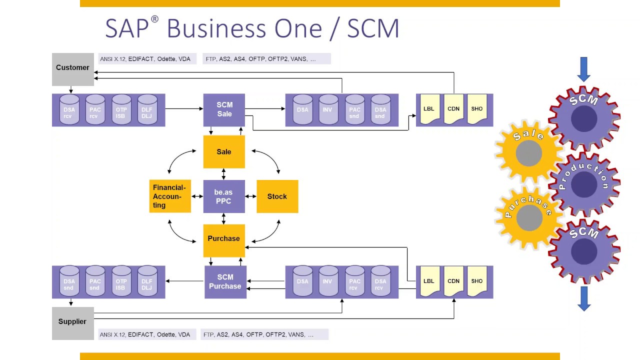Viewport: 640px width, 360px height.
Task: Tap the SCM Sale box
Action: (224, 109)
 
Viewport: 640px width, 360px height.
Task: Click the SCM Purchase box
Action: (225, 282)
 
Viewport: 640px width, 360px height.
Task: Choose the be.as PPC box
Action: (223, 196)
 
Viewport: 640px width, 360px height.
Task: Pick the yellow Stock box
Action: (277, 196)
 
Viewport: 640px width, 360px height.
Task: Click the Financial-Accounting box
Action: (170, 196)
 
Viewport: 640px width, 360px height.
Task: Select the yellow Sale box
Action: (224, 152)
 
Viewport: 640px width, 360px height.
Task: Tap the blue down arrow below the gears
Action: (584, 298)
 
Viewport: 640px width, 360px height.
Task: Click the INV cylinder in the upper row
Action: (327, 109)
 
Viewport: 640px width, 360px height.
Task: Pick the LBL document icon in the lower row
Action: (429, 282)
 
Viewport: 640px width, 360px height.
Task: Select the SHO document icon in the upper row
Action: (477, 109)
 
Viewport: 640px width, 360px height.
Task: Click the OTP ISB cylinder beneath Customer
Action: (121, 109)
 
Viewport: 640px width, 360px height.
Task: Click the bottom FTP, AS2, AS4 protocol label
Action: (265, 334)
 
